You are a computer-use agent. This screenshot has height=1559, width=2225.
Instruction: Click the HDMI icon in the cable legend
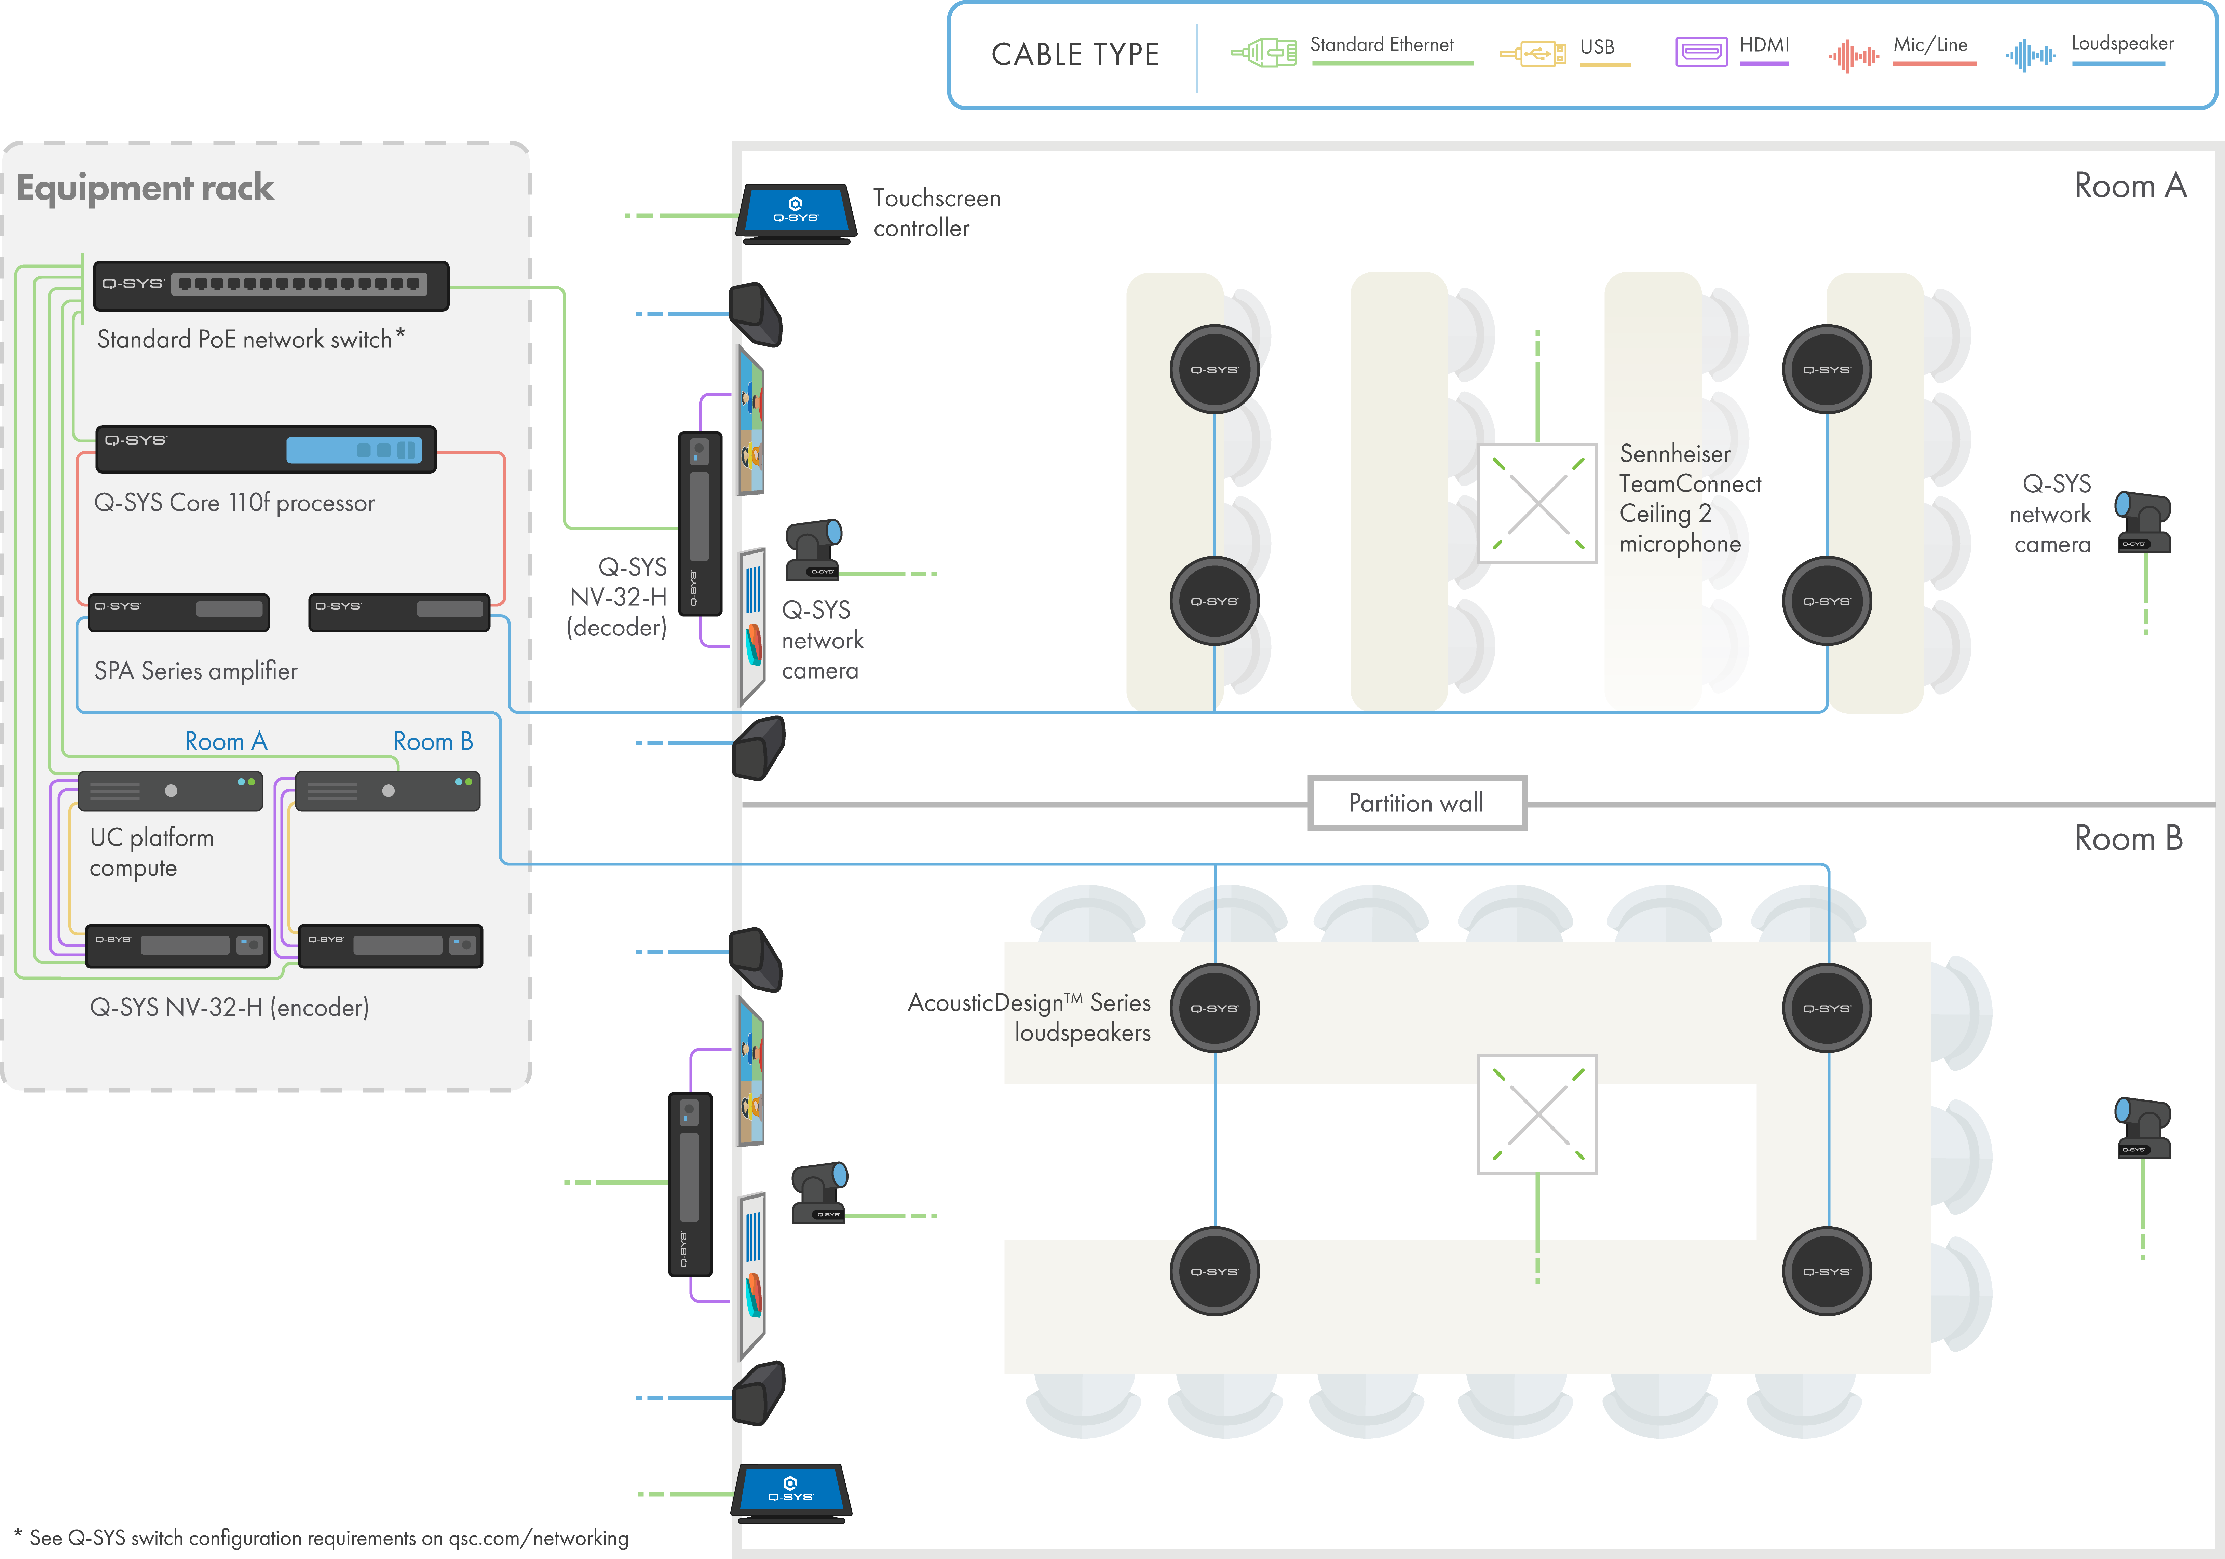pyautogui.click(x=1701, y=51)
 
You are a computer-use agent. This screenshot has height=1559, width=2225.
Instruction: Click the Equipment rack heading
pyautogui.click(x=145, y=187)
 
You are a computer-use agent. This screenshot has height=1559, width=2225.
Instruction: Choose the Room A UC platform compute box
pyautogui.click(x=171, y=791)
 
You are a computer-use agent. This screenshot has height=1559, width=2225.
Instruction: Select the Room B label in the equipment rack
pyautogui.click(x=432, y=741)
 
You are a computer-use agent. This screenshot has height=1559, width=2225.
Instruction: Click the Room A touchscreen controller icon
pyautogui.click(x=796, y=212)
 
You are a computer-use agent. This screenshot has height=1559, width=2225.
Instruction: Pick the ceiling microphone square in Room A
pyautogui.click(x=1537, y=503)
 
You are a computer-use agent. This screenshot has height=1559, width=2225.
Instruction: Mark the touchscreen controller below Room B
pyautogui.click(x=792, y=1490)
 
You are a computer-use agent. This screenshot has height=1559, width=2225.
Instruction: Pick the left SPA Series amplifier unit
pyautogui.click(x=178, y=611)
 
